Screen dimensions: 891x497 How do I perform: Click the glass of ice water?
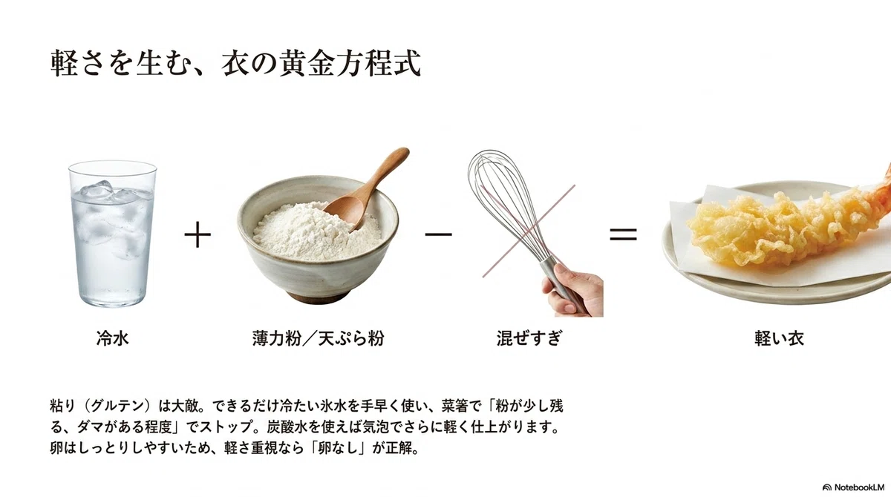click(x=113, y=234)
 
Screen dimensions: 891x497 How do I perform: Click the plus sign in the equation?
click(x=198, y=234)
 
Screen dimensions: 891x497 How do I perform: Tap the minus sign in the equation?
click(x=438, y=234)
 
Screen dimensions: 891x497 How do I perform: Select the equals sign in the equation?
click(x=623, y=234)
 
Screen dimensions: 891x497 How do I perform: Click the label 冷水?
click(x=113, y=338)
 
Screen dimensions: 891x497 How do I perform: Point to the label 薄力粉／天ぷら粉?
click(x=318, y=338)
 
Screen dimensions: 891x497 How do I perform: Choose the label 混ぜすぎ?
click(x=529, y=338)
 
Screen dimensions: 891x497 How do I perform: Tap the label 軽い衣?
click(x=779, y=338)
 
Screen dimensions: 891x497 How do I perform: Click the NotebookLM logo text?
click(x=859, y=487)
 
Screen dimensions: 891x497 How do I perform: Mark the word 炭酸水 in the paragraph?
click(x=287, y=427)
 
